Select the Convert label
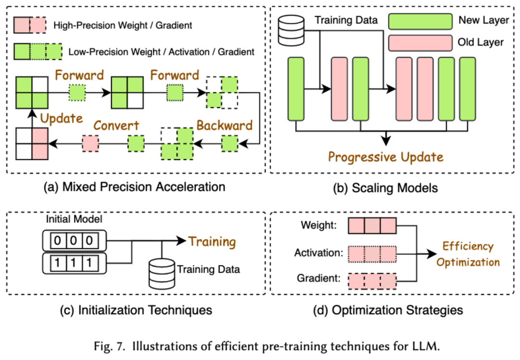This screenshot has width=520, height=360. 116,126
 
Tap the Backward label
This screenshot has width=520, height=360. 224,126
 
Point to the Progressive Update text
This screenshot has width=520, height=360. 386,156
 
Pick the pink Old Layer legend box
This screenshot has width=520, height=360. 418,42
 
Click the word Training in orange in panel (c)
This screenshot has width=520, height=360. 212,241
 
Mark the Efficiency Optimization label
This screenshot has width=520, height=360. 468,254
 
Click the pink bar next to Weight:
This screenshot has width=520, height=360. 372,225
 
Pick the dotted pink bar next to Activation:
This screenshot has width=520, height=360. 372,253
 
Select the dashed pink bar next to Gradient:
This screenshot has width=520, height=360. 372,280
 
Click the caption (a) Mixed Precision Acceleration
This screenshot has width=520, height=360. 136,186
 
